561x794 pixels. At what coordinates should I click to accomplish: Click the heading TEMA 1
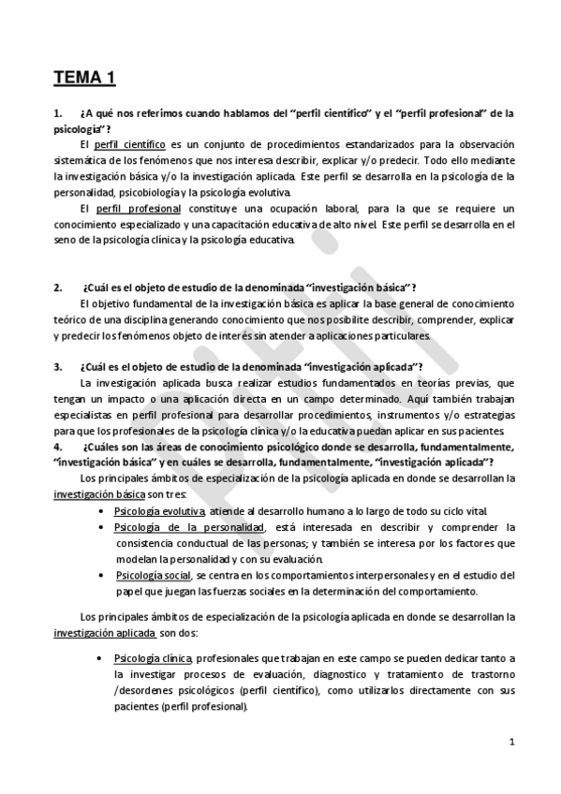pyautogui.click(x=84, y=78)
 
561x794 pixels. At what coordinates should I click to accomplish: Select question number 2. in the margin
pyautogui.click(x=58, y=287)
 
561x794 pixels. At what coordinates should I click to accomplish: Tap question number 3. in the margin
pyautogui.click(x=58, y=366)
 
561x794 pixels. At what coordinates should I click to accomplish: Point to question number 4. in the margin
pyautogui.click(x=58, y=447)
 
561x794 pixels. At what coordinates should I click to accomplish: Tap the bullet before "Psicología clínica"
pyautogui.click(x=100, y=658)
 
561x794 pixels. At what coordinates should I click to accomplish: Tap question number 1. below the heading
pyautogui.click(x=58, y=113)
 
